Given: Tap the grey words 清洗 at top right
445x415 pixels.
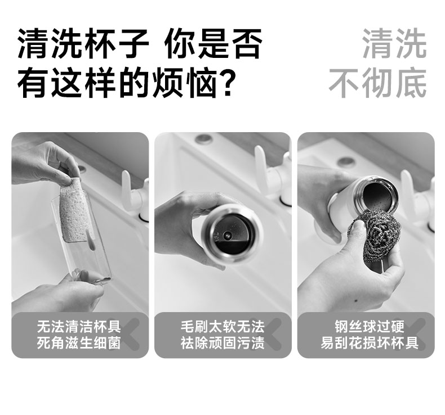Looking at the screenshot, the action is click(394, 43).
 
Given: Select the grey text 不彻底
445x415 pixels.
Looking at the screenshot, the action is click(378, 83).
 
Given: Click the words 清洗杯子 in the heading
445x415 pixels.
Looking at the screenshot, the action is click(83, 44).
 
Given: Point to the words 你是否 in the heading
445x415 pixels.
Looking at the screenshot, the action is click(213, 44).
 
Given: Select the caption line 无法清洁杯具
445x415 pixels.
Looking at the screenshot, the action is click(79, 327).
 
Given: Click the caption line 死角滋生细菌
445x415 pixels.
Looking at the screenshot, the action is click(79, 343).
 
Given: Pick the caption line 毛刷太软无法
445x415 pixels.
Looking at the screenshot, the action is click(222, 327).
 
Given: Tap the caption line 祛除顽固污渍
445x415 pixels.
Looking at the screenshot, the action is click(222, 343).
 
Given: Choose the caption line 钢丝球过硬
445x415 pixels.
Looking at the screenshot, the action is click(369, 327).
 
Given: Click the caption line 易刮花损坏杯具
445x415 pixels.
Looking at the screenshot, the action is click(369, 343).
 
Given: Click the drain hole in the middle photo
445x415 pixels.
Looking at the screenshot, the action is click(204, 139).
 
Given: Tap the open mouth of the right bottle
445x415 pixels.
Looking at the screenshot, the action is click(380, 196).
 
